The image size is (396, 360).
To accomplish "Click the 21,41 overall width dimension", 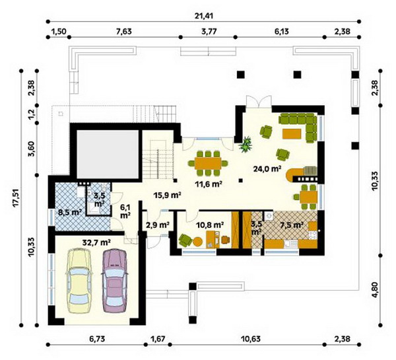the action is point(204,16).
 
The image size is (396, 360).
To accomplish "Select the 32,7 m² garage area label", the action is point(97,242).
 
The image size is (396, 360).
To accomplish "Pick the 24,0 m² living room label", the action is point(267,168).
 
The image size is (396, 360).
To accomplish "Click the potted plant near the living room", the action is point(246,145).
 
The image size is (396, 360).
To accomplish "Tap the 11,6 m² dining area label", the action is point(209,184).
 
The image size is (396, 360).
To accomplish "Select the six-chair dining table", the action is point(208,163).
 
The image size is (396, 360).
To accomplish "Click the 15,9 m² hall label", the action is point(168,195).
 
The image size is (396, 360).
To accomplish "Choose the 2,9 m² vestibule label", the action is point(157,224).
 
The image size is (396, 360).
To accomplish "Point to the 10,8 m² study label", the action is point(210,224).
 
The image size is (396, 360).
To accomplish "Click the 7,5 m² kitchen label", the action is point(292,224).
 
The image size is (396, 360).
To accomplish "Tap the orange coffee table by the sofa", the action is point(292,133).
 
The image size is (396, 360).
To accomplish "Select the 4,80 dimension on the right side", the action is point(375,290).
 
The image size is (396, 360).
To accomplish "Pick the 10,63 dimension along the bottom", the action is point(251,338).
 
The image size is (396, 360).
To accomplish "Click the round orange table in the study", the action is point(198,242).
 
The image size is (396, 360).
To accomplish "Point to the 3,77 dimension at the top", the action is point(209,32).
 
